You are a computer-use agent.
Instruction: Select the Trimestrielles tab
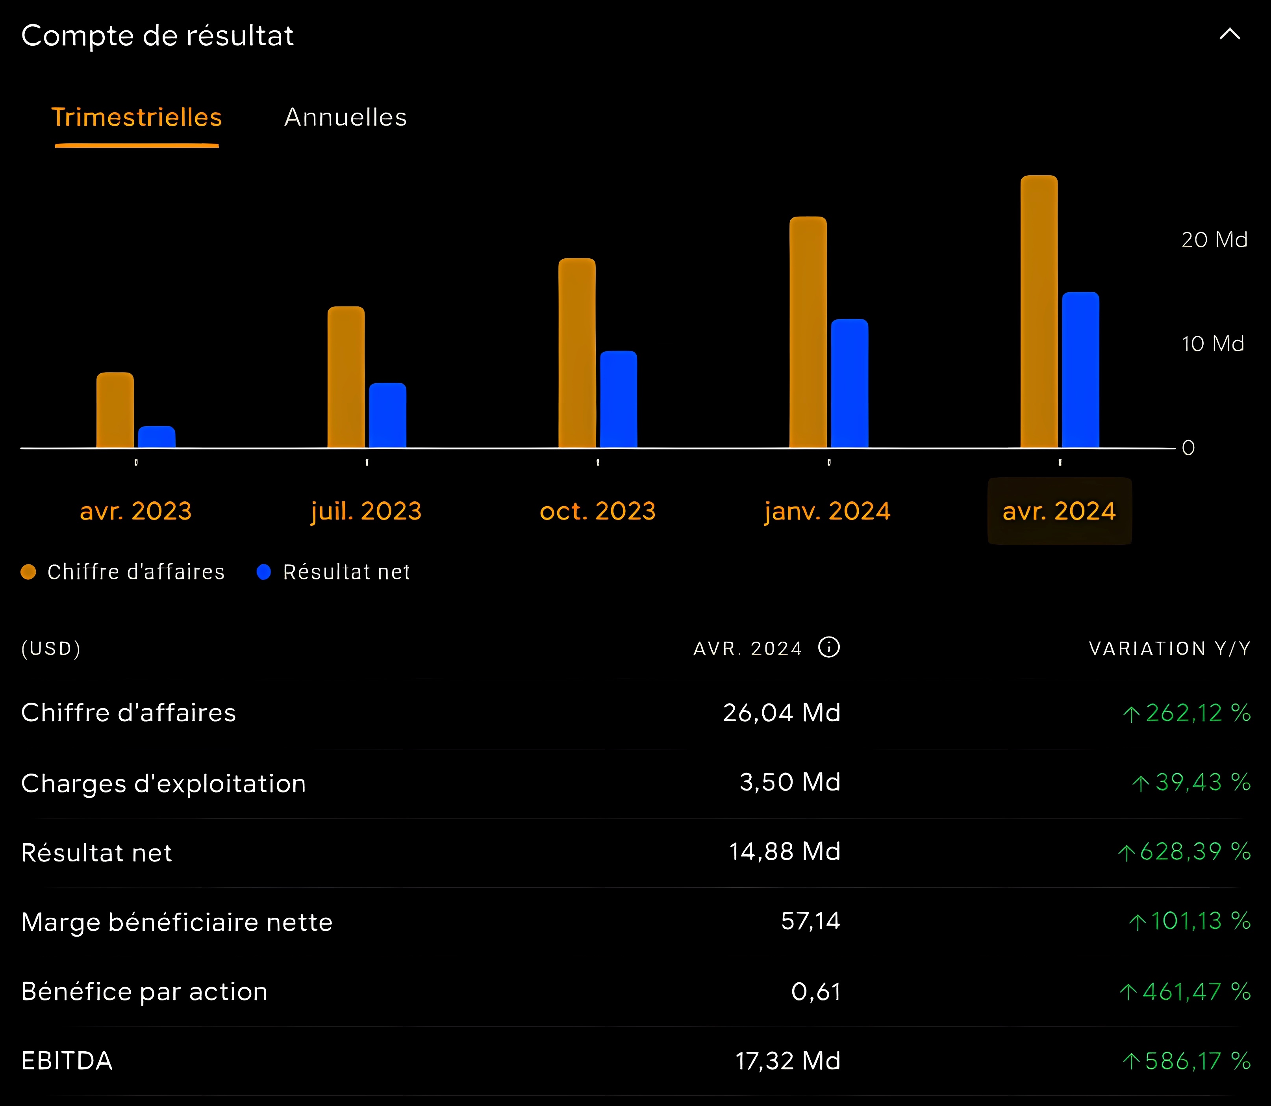pos(136,117)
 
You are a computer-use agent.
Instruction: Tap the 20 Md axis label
pos(1214,239)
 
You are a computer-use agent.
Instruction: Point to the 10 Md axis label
pos(1212,344)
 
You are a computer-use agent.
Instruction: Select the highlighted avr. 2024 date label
pos(1060,511)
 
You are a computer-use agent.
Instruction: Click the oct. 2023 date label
pos(597,511)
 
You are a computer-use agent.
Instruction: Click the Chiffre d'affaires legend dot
pos(28,572)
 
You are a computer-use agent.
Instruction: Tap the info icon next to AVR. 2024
pos(828,648)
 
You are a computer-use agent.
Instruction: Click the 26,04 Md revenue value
pos(781,713)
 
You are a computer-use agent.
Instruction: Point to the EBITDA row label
pos(67,1061)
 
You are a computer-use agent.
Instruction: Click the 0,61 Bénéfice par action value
pos(816,992)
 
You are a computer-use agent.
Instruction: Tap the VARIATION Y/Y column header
pos(1169,649)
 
